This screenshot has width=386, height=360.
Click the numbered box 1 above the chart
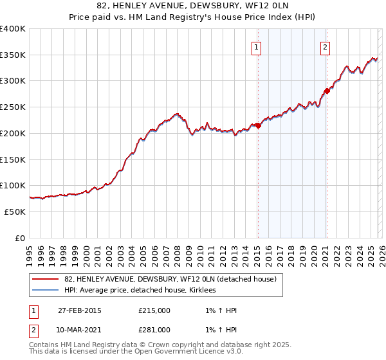[x=257, y=46]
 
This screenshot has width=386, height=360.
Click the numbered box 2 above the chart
[x=326, y=46]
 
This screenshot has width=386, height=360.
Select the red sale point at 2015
[x=257, y=125]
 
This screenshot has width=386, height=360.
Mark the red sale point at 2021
[x=326, y=91]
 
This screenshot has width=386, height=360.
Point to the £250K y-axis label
[x=13, y=107]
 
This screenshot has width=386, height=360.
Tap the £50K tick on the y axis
[x=15, y=212]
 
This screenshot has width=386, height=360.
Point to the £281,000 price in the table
[x=154, y=330]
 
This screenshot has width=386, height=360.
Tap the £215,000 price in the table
[x=154, y=310]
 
